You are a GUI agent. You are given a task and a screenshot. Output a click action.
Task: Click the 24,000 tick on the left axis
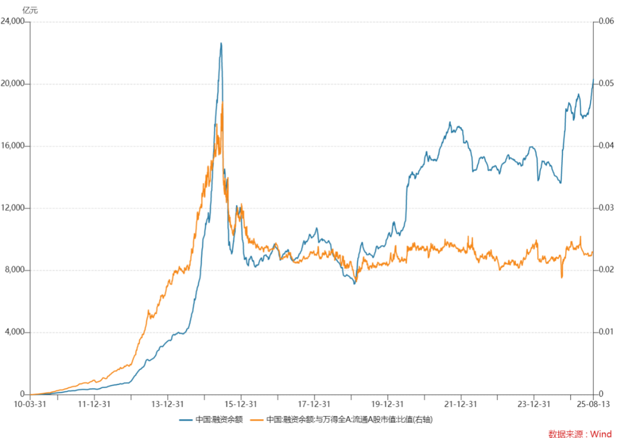coord(13,21)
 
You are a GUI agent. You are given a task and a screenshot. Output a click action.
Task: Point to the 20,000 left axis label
coord(13,83)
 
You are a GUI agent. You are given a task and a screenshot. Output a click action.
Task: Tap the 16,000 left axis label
coord(13,146)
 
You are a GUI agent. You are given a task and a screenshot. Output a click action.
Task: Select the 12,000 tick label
coord(13,208)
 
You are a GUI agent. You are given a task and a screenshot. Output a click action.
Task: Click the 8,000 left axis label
coord(14,270)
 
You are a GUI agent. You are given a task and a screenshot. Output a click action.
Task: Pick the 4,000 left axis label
coord(14,332)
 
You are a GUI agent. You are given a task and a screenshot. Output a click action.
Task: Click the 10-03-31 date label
coord(30,404)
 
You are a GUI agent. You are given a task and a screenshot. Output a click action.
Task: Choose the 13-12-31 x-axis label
coord(167,404)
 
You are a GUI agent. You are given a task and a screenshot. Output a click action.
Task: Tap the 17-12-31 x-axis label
coord(314,404)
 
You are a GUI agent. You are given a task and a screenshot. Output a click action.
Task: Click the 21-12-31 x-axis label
coord(461,404)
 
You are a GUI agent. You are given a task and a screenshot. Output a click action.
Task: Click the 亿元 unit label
coord(30,10)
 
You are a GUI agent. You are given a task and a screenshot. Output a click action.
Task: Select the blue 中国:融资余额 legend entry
coord(211,420)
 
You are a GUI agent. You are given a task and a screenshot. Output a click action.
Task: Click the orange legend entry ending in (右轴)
coord(342,420)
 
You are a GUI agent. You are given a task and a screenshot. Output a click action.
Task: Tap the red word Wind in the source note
coord(601,434)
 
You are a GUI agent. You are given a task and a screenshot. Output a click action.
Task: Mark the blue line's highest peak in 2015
coord(221,43)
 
